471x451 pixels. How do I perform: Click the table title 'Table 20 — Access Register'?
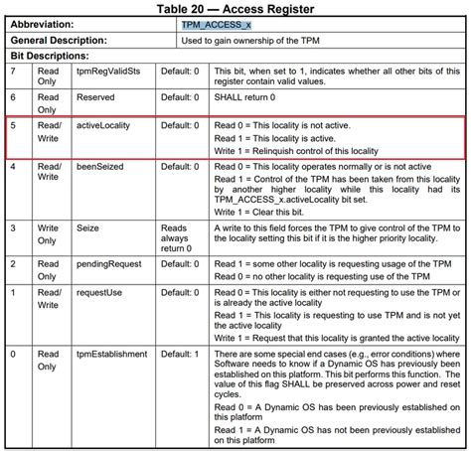[236, 9]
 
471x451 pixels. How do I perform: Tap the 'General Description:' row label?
[62, 41]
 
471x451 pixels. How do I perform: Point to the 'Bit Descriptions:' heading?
[48, 57]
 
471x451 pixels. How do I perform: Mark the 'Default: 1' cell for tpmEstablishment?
[180, 355]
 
